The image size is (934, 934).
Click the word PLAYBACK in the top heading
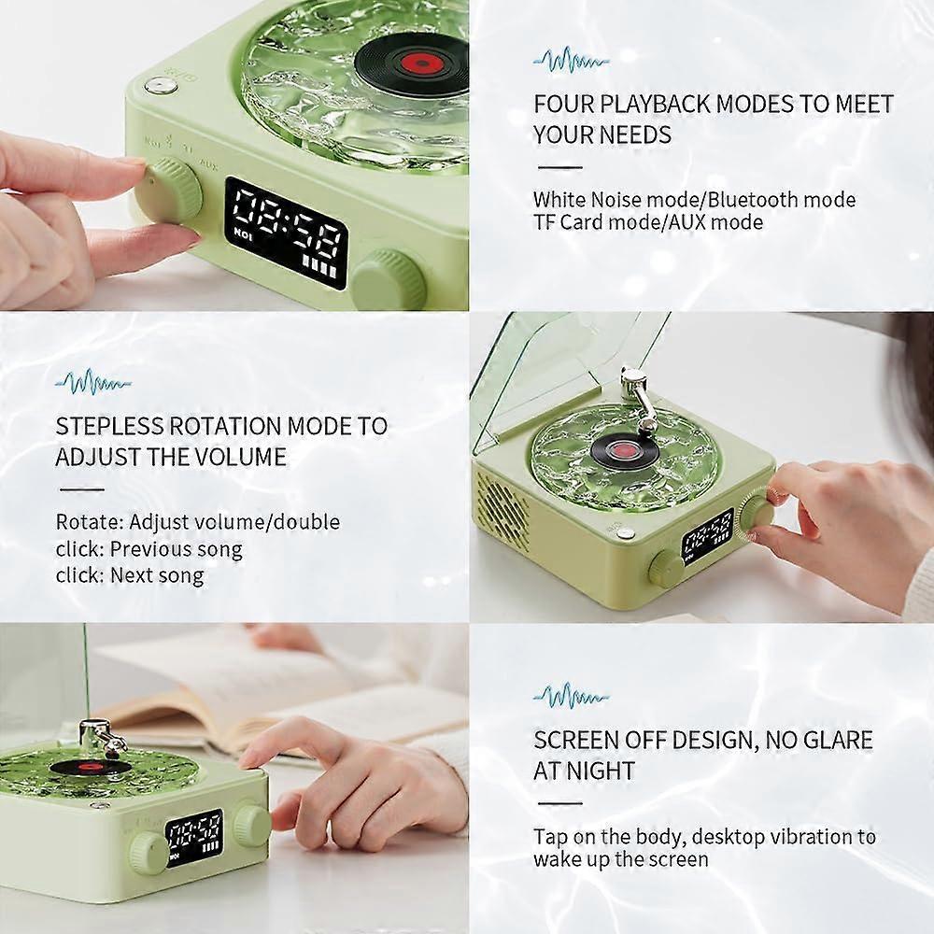654,104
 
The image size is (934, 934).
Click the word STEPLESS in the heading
109,426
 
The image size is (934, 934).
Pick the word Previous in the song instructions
144,548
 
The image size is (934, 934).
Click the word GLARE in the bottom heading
837,740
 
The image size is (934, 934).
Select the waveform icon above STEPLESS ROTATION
92,383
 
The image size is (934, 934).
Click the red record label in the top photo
421,62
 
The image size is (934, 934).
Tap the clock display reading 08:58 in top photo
286,233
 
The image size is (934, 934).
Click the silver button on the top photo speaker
162,86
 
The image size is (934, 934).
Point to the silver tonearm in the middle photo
637,396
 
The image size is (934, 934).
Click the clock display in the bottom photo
194,837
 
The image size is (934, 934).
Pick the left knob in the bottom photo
148,853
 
